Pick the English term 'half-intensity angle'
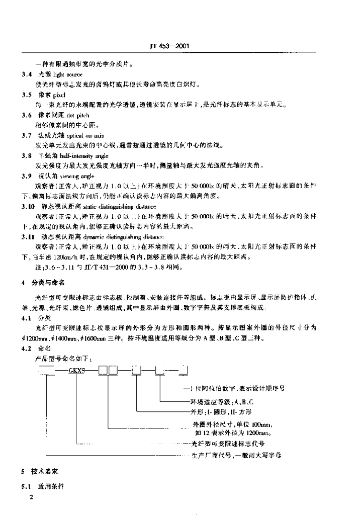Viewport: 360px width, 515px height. tap(82, 156)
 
